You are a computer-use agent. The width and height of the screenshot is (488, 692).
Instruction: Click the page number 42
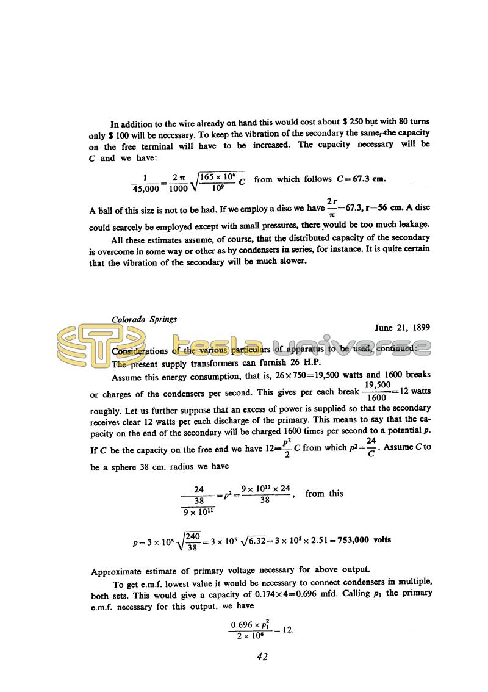262,657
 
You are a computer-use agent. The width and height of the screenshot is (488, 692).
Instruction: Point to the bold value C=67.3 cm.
361,179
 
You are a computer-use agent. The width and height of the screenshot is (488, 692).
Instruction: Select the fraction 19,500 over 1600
376,392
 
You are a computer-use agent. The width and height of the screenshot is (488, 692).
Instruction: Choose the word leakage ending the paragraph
412,224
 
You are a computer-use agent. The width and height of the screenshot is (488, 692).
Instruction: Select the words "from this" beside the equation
324,493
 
